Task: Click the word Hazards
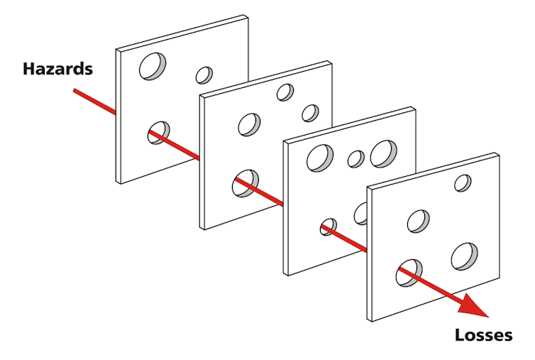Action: [57, 69]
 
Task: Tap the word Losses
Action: [483, 335]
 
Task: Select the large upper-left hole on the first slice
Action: [151, 66]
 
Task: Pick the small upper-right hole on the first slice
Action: [204, 74]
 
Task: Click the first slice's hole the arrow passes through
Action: [158, 132]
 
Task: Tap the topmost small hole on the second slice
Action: [285, 92]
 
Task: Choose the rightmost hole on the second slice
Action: [309, 112]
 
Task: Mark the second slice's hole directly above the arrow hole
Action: [249, 124]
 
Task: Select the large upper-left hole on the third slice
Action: [317, 157]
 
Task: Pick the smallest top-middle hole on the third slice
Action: [355, 158]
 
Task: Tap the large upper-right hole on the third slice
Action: [382, 151]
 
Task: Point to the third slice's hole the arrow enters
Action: [328, 227]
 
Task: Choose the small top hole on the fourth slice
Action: [463, 182]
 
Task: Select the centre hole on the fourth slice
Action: [418, 221]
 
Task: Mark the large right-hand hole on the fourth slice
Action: [464, 256]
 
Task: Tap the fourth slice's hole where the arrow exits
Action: [409, 273]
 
